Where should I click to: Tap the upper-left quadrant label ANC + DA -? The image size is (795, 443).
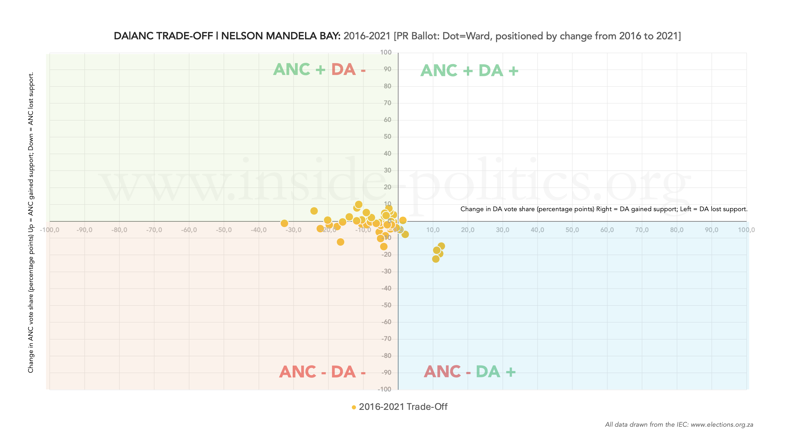click(319, 70)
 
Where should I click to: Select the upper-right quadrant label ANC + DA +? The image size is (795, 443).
click(469, 71)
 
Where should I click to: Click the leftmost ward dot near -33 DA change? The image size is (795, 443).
click(284, 223)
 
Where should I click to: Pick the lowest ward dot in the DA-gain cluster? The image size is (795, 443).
click(435, 259)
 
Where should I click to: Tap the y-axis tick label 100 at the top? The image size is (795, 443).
click(386, 52)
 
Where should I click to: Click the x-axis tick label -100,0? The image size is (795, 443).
click(49, 230)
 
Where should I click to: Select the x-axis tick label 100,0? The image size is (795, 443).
click(746, 230)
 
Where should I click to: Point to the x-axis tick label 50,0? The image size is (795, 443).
click(572, 230)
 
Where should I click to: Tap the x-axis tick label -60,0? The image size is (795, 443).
click(189, 230)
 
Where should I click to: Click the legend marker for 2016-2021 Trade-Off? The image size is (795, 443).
click(354, 407)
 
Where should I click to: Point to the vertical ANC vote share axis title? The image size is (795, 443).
click(31, 222)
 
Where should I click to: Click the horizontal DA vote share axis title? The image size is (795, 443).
click(604, 209)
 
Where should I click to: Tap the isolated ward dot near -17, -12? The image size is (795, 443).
click(340, 242)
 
